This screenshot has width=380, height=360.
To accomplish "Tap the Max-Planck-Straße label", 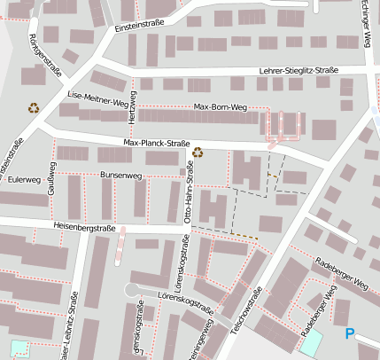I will click(x=157, y=143).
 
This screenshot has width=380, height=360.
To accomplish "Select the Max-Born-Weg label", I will click(x=220, y=107).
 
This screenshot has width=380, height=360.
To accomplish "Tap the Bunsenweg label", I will click(x=121, y=176).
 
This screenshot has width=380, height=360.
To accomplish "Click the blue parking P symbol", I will click(x=349, y=333).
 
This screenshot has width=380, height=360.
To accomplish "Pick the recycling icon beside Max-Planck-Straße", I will click(x=198, y=152).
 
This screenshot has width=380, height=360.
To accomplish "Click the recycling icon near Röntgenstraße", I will click(x=34, y=108).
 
